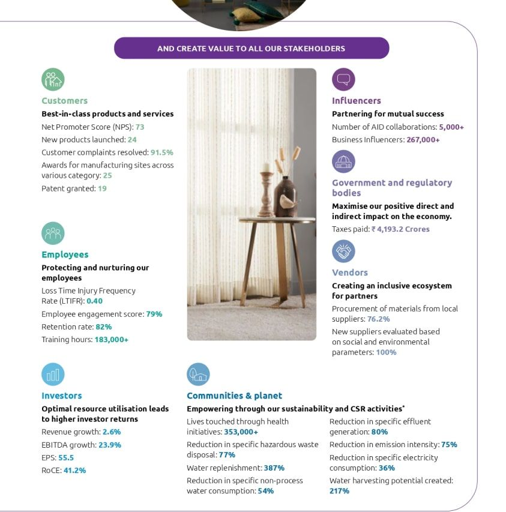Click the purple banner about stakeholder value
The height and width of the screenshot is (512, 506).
251,48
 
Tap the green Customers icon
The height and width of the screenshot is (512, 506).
53,79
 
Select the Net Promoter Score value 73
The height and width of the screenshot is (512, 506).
140,127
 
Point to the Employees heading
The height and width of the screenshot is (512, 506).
65,254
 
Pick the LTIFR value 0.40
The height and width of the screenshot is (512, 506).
94,301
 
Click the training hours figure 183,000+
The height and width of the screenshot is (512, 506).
111,339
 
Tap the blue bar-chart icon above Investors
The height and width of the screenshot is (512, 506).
53,375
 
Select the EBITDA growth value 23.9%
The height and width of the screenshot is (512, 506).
110,445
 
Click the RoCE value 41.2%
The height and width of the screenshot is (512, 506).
74,470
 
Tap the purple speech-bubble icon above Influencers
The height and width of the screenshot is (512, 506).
343,79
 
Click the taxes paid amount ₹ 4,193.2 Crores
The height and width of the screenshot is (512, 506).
400,229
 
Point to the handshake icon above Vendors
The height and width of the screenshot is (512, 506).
343,251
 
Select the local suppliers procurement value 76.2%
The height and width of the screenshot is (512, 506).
379,319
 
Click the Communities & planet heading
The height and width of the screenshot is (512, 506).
234,396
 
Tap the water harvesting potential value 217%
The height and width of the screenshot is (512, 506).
339,490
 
